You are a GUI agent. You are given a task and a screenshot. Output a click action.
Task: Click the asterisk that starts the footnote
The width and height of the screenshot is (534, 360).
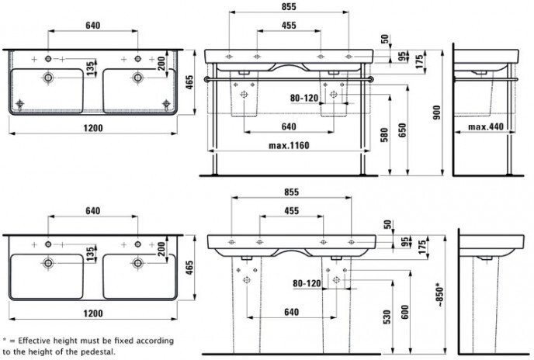coord(5,341)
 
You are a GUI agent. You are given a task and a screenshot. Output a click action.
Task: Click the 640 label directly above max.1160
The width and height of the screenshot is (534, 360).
coord(289,126)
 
